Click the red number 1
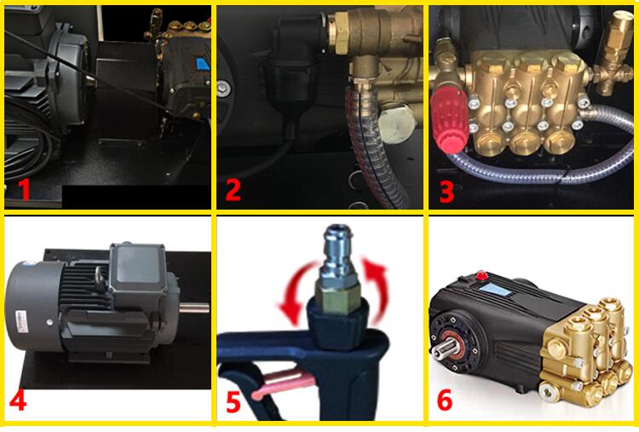25,189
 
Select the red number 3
446,192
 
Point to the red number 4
18,400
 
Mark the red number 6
445,400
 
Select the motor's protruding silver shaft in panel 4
194,308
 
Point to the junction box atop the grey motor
139,268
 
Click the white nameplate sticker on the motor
20,322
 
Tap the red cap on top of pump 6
482,274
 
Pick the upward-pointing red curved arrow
376,291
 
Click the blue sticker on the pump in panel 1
203,64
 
